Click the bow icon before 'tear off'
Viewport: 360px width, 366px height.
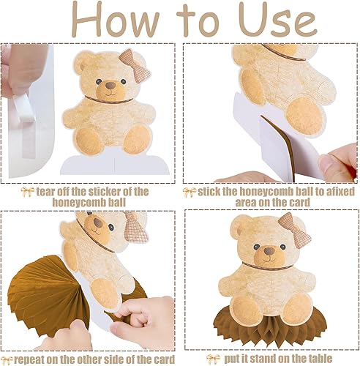click(26, 192)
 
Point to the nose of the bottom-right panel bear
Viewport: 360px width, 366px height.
click(269, 250)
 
